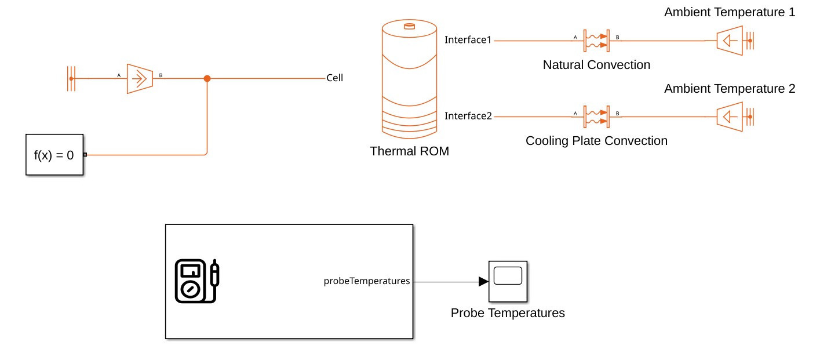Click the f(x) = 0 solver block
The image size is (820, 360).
[54, 155]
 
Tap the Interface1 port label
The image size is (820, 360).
[468, 40]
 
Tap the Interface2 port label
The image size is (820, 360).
[468, 116]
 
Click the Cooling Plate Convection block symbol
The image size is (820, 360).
[596, 117]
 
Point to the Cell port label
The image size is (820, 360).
[334, 78]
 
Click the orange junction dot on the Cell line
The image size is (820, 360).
[207, 78]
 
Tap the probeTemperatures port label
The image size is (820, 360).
[366, 281]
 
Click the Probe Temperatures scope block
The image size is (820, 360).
[508, 281]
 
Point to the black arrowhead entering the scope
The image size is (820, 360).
[483, 282]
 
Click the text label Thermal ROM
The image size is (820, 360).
[409, 152]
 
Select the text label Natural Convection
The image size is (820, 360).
[596, 65]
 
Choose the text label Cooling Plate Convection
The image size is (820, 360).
[596, 141]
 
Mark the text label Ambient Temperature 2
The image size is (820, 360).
[730, 89]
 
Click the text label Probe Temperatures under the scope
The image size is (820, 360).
[508, 313]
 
